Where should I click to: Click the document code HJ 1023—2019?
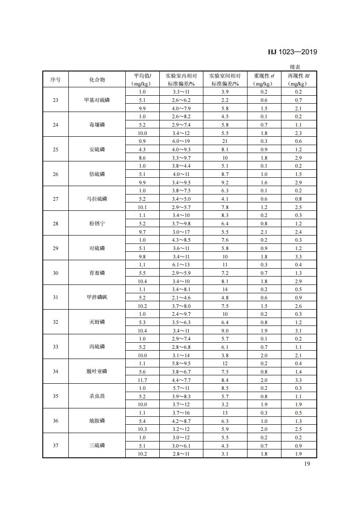[292, 52]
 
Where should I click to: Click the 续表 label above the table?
[295, 67]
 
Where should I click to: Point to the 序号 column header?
[55, 79]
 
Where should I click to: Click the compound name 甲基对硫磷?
[97, 100]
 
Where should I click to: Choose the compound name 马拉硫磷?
[97, 199]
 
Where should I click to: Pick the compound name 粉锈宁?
[97, 224]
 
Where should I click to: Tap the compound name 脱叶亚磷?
[97, 371]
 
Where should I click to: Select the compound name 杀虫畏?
[97, 396]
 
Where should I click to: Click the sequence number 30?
[55, 273]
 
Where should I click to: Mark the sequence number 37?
[55, 445]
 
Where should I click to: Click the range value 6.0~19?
[181, 141]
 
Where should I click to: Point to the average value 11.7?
[142, 380]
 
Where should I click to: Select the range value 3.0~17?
[181, 232]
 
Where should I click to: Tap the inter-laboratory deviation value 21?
[225, 141]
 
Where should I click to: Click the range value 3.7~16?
[181, 413]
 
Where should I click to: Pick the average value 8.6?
[142, 157]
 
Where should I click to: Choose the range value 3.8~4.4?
[181, 166]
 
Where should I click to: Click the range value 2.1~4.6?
[181, 298]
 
